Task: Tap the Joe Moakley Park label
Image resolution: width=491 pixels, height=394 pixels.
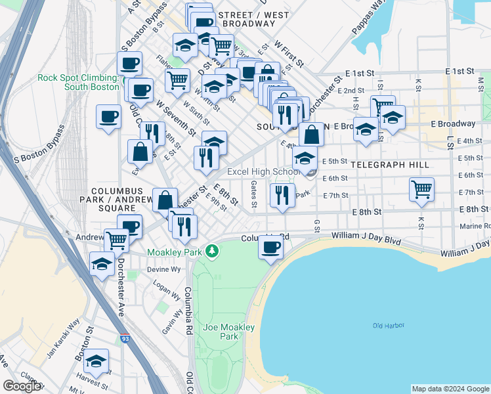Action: point(220,332)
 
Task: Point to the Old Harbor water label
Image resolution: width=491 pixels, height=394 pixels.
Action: point(388,325)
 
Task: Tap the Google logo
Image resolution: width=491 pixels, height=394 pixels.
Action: point(22,385)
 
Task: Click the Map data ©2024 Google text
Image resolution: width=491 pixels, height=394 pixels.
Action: point(450,389)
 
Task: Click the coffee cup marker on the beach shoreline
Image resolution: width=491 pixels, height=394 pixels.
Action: point(271,248)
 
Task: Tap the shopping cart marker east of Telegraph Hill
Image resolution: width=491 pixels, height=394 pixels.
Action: point(421,189)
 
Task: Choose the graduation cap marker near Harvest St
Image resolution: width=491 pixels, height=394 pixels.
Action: point(96,361)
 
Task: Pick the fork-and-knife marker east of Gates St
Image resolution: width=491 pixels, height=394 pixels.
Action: point(282,196)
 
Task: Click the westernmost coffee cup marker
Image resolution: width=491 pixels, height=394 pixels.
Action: point(108,118)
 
